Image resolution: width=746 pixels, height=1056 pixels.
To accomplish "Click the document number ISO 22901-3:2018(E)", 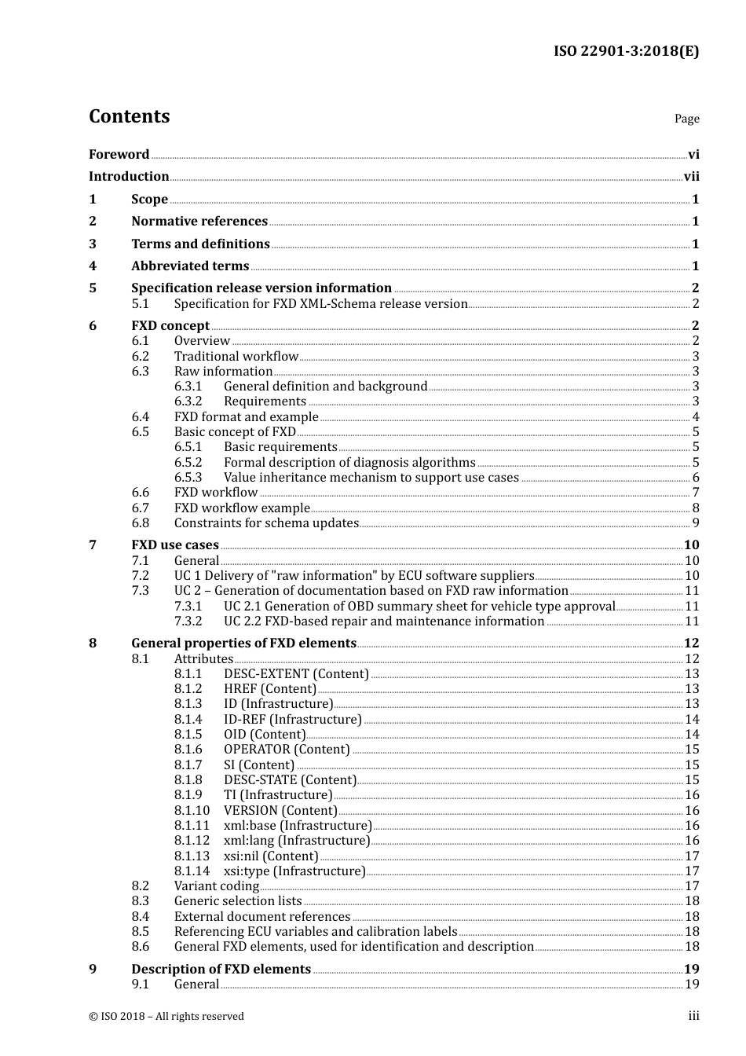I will click(626, 52).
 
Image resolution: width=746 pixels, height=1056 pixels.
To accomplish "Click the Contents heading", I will click(129, 116).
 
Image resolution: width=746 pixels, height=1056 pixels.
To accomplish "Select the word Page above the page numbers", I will click(686, 119).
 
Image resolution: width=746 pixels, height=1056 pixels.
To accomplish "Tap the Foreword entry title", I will click(119, 155).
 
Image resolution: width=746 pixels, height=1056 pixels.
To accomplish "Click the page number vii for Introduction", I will click(691, 177).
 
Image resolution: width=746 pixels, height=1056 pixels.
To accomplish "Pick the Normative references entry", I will click(199, 222).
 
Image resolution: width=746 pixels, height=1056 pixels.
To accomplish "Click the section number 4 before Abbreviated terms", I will click(93, 266).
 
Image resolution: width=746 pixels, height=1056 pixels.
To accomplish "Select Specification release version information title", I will click(261, 288).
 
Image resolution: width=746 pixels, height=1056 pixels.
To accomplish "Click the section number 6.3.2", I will click(188, 401).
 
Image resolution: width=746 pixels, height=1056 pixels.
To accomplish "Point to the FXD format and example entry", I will click(246, 417).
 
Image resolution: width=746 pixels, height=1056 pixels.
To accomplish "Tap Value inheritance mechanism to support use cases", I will click(371, 478).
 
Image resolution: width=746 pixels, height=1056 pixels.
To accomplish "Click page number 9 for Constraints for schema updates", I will click(695, 523).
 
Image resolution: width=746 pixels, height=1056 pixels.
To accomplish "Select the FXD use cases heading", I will click(175, 545).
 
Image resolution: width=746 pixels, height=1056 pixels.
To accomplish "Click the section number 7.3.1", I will click(188, 607).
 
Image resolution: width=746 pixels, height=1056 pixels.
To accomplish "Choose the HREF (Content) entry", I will click(270, 689).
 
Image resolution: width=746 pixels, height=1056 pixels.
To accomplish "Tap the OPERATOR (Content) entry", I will click(287, 750).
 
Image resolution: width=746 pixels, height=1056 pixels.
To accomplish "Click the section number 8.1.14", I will click(192, 871).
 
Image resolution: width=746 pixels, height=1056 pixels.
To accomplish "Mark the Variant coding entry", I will click(216, 886).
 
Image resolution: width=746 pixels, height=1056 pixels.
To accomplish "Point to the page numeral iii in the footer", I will click(693, 1017).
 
